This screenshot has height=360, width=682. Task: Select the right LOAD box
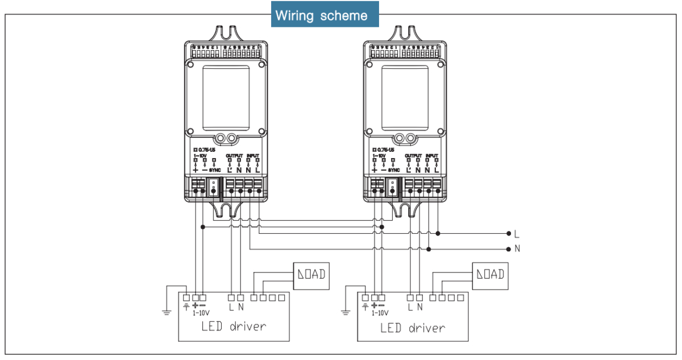490,275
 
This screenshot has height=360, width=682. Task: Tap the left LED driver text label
234,327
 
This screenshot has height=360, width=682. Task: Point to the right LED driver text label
413,328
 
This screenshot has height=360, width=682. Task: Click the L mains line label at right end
516,234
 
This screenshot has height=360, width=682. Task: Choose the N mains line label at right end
517,249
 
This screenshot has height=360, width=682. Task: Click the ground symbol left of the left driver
165,312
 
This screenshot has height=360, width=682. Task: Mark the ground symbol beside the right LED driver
344,312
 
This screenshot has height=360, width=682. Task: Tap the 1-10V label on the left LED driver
200,313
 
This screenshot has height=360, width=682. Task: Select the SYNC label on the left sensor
214,170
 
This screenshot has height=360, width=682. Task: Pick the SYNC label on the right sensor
393,170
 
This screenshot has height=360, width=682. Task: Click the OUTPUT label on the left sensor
234,155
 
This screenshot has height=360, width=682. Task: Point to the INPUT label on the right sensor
432,155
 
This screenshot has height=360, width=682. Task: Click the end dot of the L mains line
508,233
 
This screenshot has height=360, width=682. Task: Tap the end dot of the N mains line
508,249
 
